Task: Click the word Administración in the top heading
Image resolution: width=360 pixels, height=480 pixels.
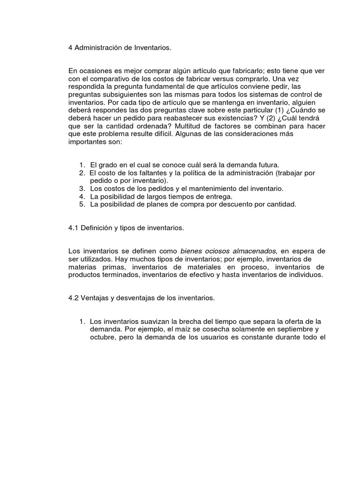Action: pos(96,47)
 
